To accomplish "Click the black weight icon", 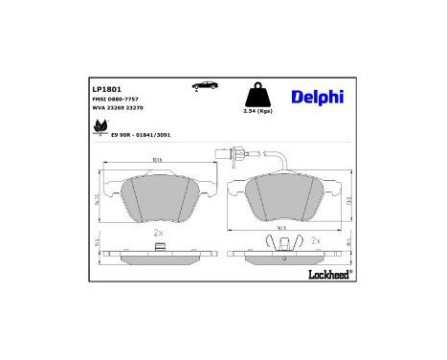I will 257,96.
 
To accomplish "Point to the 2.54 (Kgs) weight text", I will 257,114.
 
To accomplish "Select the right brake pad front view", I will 285,199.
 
